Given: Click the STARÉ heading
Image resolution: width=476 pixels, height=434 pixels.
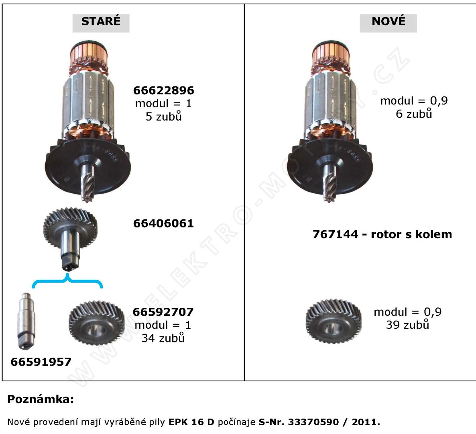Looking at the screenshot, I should tap(101, 22).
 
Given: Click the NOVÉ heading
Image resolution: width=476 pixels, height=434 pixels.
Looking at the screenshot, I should tap(388, 22).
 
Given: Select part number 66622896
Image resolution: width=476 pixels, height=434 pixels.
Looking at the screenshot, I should tap(163, 90).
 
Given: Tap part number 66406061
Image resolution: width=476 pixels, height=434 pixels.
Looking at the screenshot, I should tap(163, 223).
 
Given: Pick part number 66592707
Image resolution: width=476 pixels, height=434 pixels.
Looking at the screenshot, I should tap(163, 312).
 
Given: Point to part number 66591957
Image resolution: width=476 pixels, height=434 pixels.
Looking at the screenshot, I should tap(41, 362).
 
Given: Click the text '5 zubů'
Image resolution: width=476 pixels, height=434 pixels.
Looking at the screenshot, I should tap(163, 117).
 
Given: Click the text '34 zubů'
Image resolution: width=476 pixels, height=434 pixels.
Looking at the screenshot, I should tap(163, 338).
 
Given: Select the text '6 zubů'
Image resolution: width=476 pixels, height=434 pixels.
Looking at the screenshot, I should tap(414, 114).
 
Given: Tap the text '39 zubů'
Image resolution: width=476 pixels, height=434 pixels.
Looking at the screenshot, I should tap(407, 325).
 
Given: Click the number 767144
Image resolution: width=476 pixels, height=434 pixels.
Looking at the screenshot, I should tap(334, 235).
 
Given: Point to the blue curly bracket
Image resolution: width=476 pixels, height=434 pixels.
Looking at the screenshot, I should tap(67, 281).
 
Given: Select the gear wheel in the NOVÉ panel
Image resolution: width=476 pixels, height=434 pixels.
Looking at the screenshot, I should tap(333, 321).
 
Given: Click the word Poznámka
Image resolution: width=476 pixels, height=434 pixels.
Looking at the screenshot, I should tap(41, 399).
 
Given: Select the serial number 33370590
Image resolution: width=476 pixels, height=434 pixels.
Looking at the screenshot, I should tap(313, 422).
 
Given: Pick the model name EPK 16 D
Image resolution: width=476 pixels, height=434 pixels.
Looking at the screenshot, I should tap(191, 422).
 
